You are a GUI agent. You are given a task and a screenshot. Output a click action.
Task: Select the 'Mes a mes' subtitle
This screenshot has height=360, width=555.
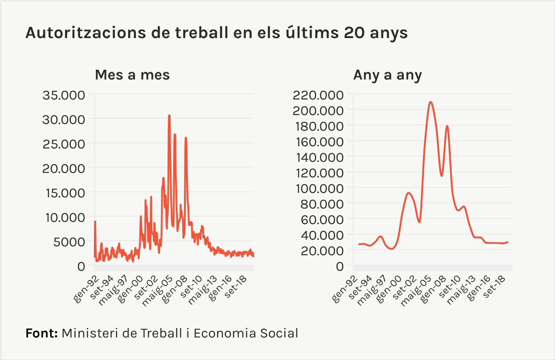pos(132,75)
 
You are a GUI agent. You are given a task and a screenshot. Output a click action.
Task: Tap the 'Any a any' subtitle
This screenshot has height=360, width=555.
pos(387,75)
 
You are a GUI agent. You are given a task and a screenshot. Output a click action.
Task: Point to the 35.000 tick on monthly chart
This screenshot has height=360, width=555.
pos(64,95)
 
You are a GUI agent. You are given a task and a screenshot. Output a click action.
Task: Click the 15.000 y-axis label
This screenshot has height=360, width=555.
pos(64,193)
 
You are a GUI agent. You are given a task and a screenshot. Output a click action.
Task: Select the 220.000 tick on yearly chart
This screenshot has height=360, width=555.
pos(318,95)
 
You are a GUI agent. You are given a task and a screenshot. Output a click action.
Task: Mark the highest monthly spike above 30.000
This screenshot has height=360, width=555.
pos(169,116)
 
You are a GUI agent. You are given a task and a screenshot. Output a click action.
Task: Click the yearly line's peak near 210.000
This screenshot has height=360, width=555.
pos(430,102)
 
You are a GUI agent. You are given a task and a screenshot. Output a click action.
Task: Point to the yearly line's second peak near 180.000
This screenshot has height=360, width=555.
pos(447,126)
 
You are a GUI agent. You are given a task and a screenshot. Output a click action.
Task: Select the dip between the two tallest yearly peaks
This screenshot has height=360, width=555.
pos(441,175)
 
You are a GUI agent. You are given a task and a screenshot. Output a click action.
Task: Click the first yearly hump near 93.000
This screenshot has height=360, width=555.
pos(408,193)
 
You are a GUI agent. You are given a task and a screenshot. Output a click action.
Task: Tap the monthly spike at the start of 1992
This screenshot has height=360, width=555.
pos(95,222)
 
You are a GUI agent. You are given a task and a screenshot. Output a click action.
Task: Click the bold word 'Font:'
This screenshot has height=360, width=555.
pos(42,334)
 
